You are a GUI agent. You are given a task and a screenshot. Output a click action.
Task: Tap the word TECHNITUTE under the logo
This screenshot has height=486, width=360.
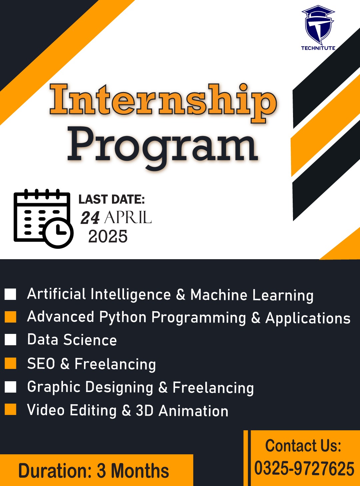point(318,48)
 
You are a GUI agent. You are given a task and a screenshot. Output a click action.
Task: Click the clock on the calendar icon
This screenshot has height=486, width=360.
point(59,233)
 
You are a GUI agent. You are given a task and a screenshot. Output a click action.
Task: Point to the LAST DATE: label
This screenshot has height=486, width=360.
point(112,199)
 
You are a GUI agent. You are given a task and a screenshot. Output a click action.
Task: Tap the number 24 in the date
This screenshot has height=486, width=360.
point(90,218)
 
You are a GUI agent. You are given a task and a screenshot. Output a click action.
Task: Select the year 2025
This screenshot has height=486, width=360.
point(108,236)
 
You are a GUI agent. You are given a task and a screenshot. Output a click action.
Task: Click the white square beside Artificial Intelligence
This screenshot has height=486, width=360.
point(10,294)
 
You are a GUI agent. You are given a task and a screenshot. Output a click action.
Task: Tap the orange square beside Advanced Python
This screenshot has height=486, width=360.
point(10,317)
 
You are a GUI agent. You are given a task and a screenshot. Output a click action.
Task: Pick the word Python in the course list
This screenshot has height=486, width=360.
point(123,318)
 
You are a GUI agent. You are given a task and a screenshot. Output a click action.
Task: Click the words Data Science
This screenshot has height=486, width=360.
point(72,340)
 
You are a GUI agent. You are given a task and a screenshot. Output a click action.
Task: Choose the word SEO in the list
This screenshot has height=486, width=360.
point(41,364)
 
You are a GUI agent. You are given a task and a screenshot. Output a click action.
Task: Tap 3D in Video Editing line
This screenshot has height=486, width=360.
point(145,410)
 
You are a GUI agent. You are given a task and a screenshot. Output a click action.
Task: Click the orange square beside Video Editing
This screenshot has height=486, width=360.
point(10,409)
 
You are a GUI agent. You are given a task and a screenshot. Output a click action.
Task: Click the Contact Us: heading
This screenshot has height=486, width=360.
point(303,445)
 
